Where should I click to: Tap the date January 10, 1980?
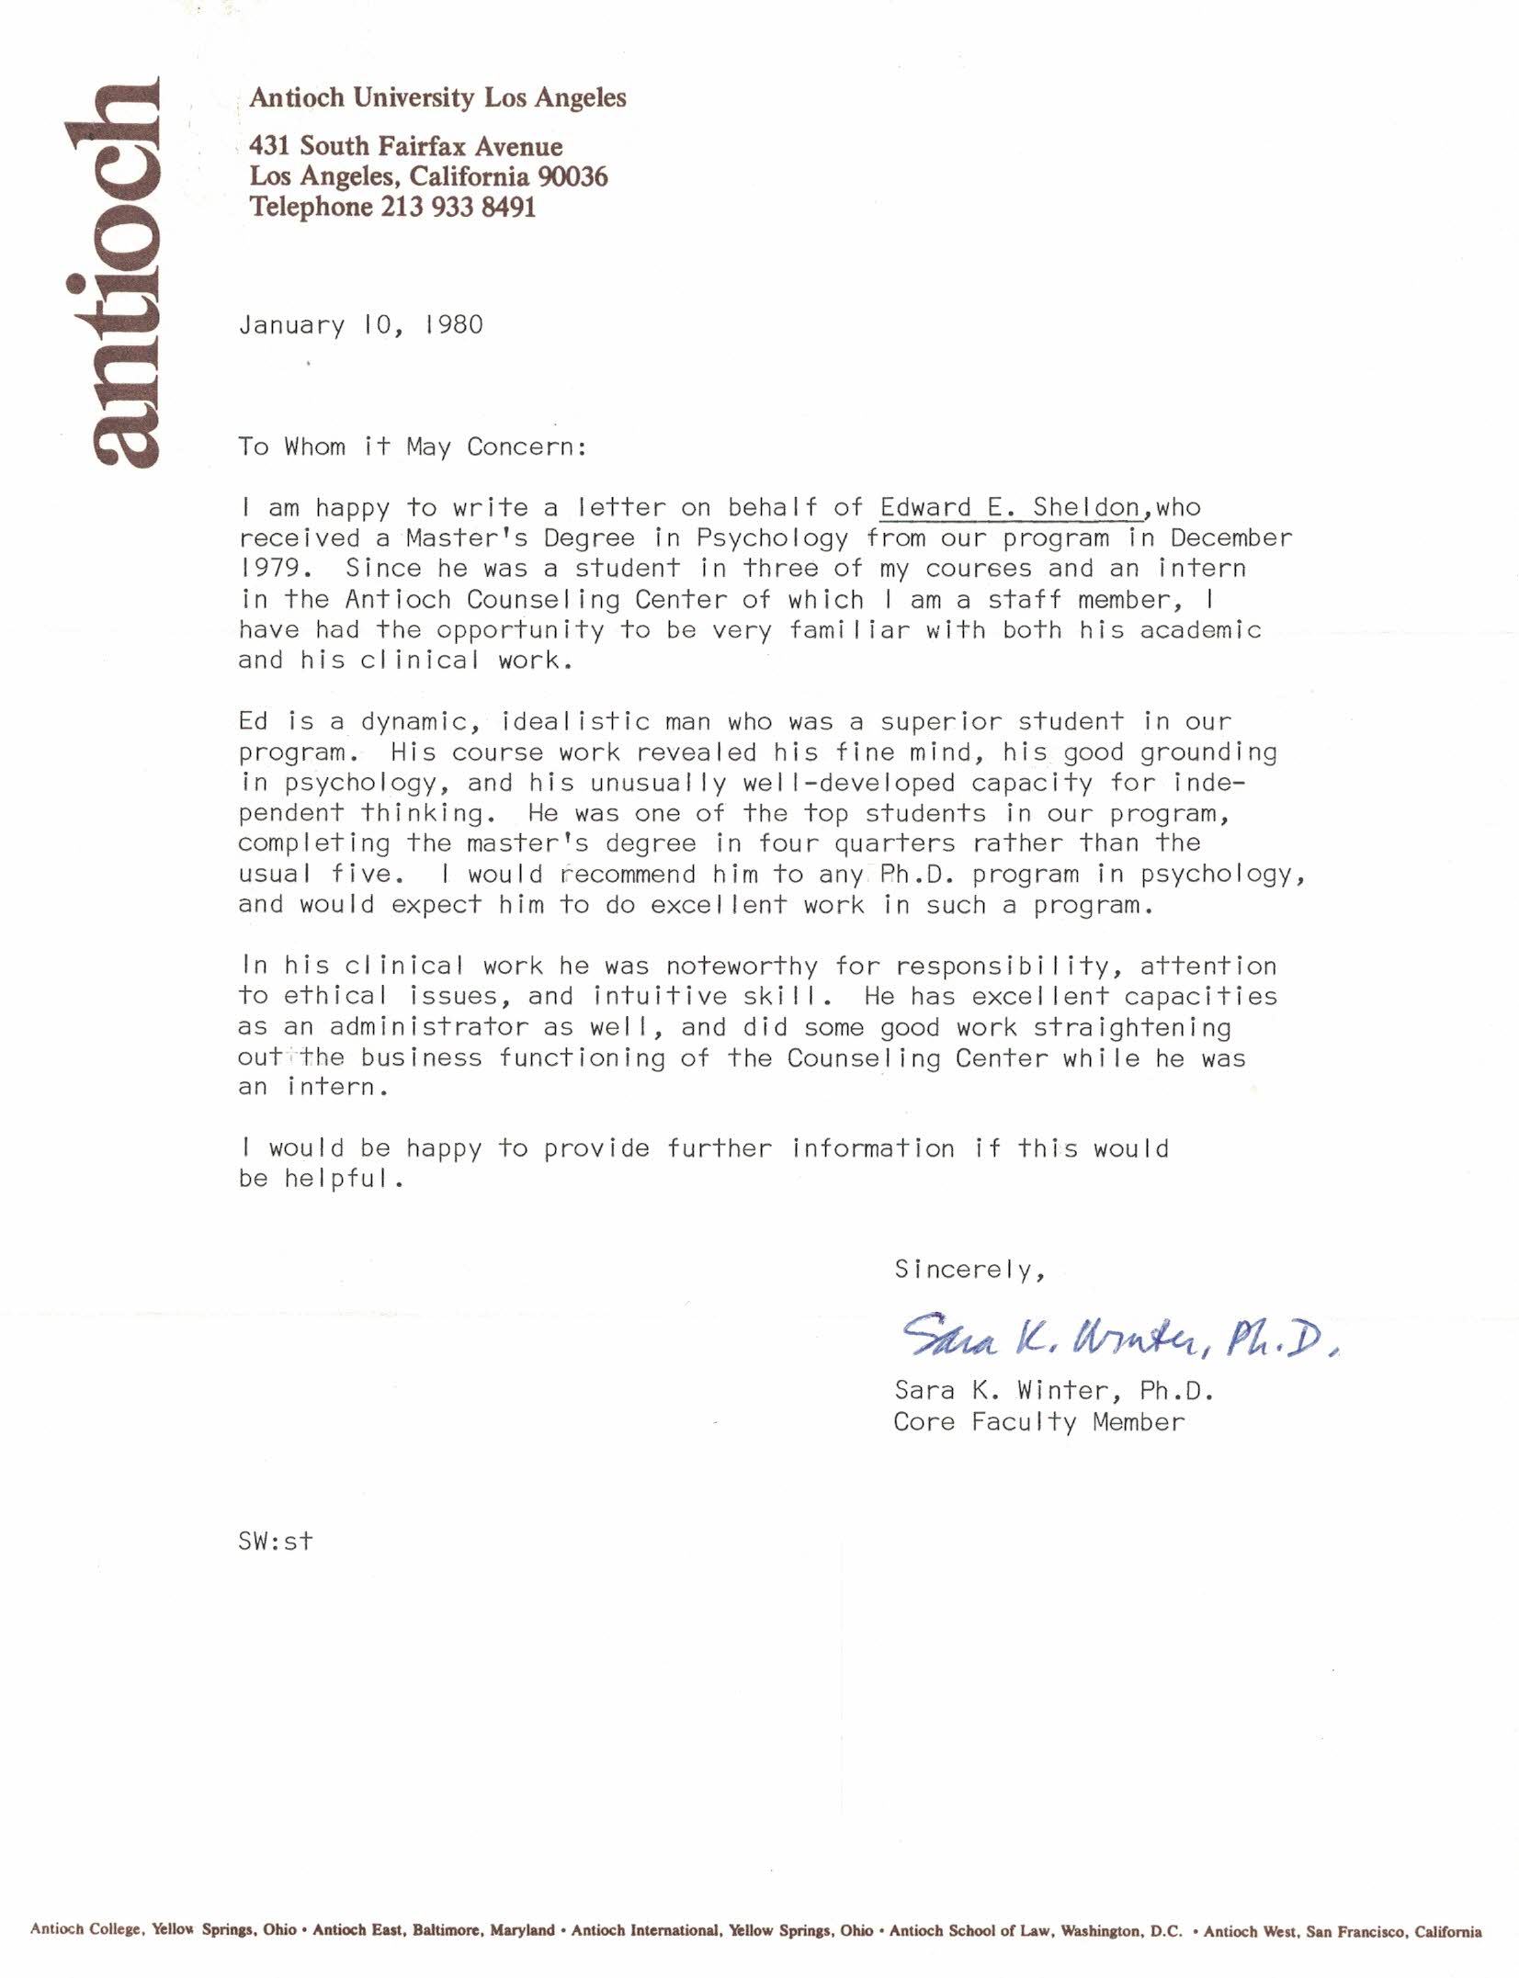tap(360, 325)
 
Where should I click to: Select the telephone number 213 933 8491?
tap(458, 208)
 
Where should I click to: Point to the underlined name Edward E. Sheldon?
tap(1010, 508)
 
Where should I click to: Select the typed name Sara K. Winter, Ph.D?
tap(1053, 1391)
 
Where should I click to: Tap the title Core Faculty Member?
tap(1038, 1422)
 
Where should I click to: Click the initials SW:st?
tap(275, 1541)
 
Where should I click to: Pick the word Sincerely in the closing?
tap(966, 1270)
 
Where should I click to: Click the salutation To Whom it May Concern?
tap(411, 447)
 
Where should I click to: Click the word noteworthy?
tap(742, 966)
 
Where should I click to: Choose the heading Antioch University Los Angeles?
tap(437, 98)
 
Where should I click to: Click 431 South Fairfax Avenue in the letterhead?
tap(405, 147)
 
